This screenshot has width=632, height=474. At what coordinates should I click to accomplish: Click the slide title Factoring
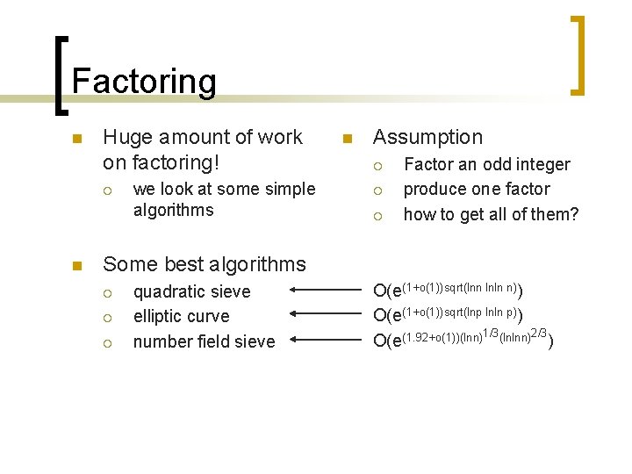tap(144, 82)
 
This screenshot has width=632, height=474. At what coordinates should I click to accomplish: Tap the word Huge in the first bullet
tap(124, 137)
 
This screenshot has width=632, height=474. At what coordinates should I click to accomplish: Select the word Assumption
tap(427, 137)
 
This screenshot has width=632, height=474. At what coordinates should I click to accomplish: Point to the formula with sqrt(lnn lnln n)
tap(449, 290)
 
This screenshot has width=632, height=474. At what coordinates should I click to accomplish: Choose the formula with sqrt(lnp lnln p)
tap(449, 314)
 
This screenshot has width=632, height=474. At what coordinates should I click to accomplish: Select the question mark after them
tap(574, 213)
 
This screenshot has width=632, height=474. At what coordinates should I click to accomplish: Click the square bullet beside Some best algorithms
tap(76, 265)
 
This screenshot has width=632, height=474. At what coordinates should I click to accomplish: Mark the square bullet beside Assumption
tap(347, 138)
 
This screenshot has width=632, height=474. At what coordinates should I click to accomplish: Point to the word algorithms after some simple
tap(173, 210)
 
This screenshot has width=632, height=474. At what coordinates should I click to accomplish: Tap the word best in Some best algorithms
tap(179, 264)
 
